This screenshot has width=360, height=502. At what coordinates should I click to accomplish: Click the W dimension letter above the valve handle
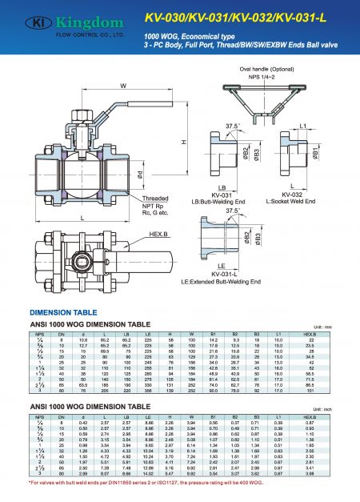(122, 86)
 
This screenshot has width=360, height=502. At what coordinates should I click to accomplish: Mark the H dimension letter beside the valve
(184, 142)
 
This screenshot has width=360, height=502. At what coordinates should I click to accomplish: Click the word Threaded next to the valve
(177, 195)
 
